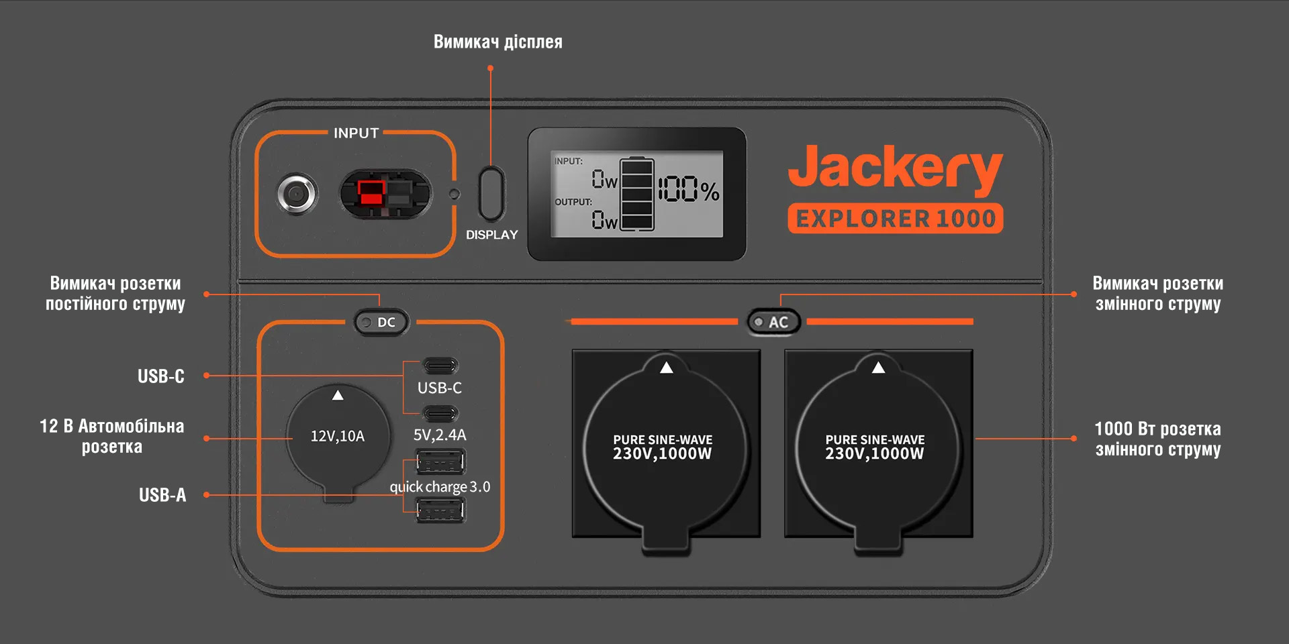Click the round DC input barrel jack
coord(297,195)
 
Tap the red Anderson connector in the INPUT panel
coord(371,193)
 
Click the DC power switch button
coord(381,323)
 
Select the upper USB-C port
coord(440,366)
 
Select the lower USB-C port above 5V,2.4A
coord(440,413)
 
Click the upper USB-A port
coord(440,462)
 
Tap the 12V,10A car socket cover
coord(338,436)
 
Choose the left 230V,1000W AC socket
coord(665,446)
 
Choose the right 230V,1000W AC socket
coord(877,446)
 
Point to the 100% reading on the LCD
coord(689,190)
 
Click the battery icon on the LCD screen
coord(636,195)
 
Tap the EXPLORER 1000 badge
coord(895,219)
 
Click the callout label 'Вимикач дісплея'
coord(497,42)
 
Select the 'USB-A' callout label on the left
coord(162,495)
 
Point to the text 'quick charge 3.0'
coord(440,487)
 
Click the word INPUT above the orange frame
coord(356,133)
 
